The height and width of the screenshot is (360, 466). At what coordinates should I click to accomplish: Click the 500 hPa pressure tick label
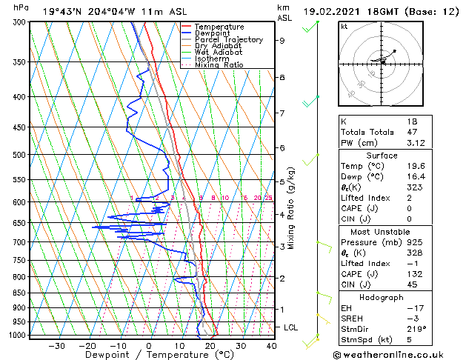[x=19, y=155]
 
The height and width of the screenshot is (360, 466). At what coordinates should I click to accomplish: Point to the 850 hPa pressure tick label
[x=19, y=293]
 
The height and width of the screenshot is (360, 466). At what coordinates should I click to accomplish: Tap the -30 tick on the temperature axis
[x=56, y=345]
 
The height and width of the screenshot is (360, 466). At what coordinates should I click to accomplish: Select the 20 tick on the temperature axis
[x=210, y=345]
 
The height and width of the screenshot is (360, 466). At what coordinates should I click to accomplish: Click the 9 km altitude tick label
[x=282, y=41]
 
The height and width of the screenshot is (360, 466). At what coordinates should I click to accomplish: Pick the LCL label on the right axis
[x=291, y=327]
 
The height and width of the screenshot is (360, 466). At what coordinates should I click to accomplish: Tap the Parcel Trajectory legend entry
[x=228, y=39]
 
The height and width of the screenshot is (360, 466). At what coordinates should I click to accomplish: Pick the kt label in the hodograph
[x=344, y=26]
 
